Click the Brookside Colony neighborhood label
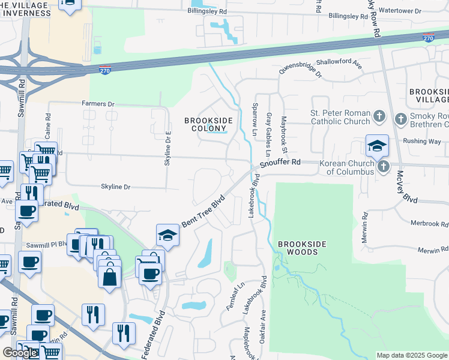(x=208, y=124)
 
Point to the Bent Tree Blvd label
(x=203, y=211)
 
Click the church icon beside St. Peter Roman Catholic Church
(x=379, y=116)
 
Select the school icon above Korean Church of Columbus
(x=377, y=146)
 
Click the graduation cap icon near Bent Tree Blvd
(x=167, y=236)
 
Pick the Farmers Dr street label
(x=98, y=104)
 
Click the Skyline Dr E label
(x=169, y=148)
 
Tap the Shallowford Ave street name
(x=340, y=63)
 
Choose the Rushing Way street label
(x=422, y=142)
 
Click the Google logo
(x=20, y=353)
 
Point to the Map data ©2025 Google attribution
(x=412, y=355)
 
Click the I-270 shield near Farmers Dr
(x=104, y=70)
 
